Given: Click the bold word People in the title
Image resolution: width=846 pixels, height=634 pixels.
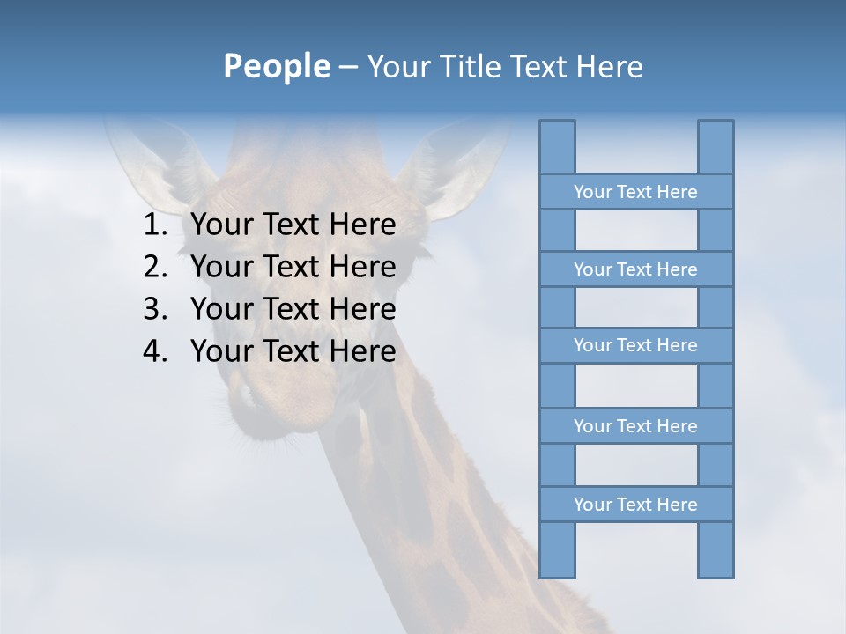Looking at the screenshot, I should click(x=276, y=67).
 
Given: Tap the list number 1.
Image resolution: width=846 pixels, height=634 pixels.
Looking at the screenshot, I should click(x=154, y=225).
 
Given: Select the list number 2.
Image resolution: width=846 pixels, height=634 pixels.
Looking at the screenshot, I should click(x=154, y=267).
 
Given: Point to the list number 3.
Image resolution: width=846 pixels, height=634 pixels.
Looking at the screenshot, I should click(x=154, y=309).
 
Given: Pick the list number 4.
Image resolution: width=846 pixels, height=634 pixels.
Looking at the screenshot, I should click(x=154, y=351).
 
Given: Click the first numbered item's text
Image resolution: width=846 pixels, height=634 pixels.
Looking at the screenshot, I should click(x=293, y=225).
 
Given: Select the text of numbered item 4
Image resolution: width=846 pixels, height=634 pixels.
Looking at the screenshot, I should click(x=293, y=351).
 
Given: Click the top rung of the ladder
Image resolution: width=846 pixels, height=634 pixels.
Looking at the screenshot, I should click(x=635, y=192).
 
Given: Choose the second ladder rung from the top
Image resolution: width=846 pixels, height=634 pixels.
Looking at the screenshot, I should click(x=635, y=269).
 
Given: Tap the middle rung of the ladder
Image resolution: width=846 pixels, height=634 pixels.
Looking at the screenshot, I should click(x=635, y=345).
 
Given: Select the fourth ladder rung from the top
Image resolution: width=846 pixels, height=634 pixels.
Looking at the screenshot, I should click(x=635, y=426).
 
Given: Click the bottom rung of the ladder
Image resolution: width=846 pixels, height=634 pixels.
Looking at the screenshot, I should click(x=635, y=505).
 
